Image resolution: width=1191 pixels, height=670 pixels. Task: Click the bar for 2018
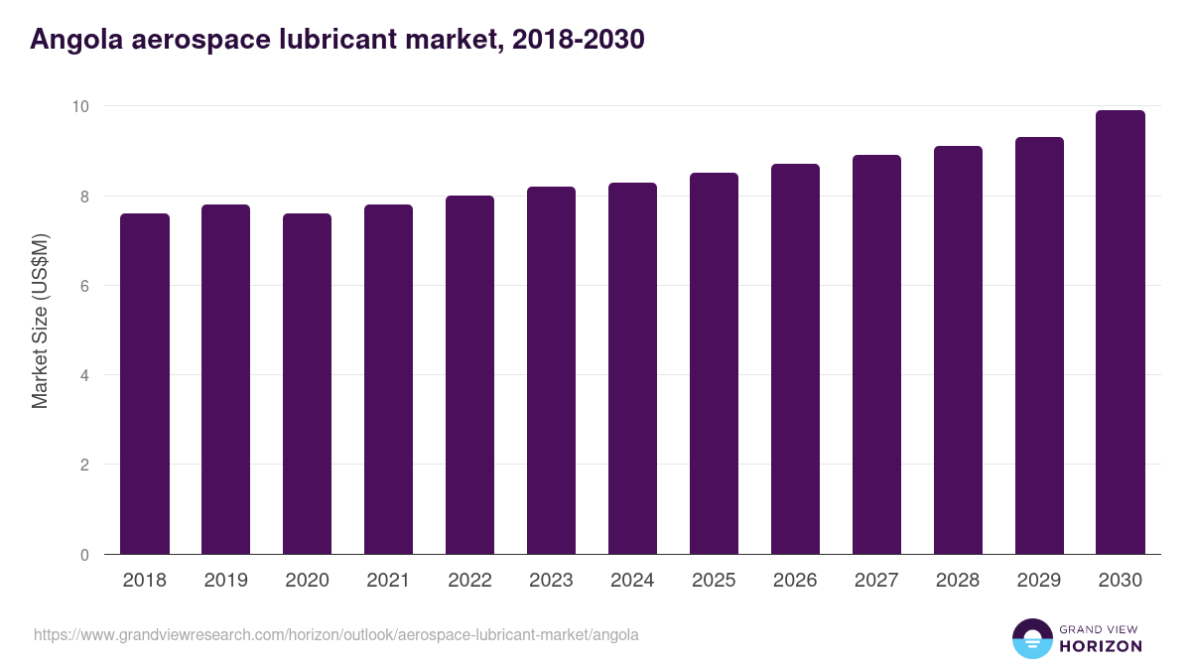click(145, 384)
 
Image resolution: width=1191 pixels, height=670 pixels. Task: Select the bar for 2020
click(308, 384)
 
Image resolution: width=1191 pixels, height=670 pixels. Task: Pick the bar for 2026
click(795, 359)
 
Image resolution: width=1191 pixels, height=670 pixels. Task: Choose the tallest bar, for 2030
click(1121, 333)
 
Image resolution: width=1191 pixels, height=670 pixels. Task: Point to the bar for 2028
click(958, 350)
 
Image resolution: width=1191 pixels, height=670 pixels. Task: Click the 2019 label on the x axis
click(226, 581)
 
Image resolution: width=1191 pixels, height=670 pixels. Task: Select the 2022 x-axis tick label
click(469, 581)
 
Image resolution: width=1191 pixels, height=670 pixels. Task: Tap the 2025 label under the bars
click(714, 581)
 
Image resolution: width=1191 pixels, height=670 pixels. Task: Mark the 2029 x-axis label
click(1039, 581)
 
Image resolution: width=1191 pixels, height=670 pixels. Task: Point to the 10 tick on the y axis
click(81, 106)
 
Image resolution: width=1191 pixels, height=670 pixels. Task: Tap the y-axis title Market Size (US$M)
click(40, 322)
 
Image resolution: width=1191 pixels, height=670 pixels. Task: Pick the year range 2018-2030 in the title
click(580, 40)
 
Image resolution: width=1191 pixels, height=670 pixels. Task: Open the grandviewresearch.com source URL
click(336, 634)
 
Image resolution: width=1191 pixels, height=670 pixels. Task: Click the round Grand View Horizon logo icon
click(1032, 638)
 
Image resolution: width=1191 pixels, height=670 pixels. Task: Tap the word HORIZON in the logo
click(1101, 646)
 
